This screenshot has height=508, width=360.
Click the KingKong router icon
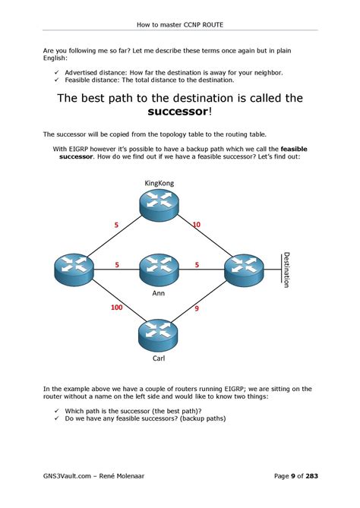click(x=159, y=206)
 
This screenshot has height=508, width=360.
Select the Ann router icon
click(x=159, y=270)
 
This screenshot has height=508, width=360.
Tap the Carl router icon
click(x=158, y=335)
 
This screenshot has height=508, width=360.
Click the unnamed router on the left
click(x=74, y=270)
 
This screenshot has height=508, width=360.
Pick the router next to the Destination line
click(x=244, y=270)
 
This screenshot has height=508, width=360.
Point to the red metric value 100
click(x=117, y=307)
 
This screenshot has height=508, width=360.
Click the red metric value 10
click(x=197, y=225)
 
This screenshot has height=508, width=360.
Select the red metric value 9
click(x=197, y=308)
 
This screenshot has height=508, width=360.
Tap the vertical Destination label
click(x=286, y=270)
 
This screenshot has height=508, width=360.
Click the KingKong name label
click(x=159, y=183)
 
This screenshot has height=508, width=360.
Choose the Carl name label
click(x=159, y=358)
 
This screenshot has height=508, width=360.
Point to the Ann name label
click(x=159, y=293)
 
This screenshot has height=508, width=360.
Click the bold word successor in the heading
click(x=178, y=112)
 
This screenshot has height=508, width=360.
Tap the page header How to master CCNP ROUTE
click(x=180, y=24)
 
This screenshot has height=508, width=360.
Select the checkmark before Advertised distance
click(x=57, y=73)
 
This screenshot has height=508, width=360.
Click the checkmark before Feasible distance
click(x=57, y=80)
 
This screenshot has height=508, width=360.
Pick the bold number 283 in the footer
click(x=311, y=476)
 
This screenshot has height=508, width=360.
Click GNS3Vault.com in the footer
click(x=67, y=476)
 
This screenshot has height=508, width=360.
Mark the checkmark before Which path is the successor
click(x=57, y=411)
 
